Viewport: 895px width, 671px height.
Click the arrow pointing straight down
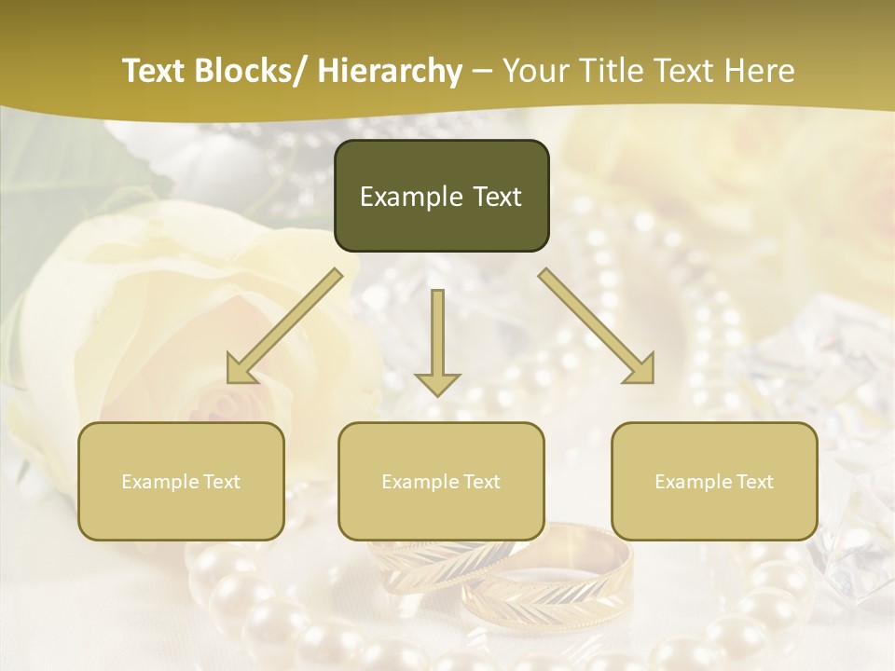[437, 345]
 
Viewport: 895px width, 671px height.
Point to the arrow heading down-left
[284, 326]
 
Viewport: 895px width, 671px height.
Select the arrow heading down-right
[597, 326]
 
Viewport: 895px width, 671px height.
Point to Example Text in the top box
[441, 197]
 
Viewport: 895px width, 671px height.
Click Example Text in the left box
[181, 482]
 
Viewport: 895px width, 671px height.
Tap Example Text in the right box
[714, 482]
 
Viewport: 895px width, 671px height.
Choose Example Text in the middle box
[441, 482]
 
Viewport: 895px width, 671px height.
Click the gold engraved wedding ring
[559, 578]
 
